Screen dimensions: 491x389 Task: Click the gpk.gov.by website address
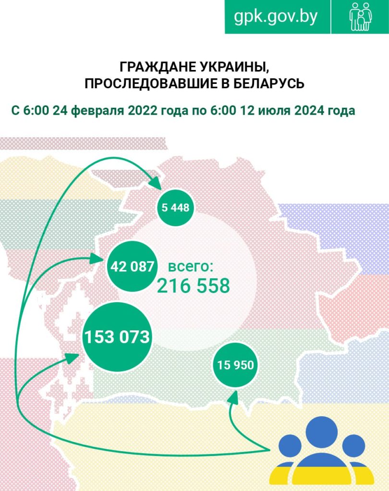click(276, 16)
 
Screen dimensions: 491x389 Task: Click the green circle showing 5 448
click(175, 208)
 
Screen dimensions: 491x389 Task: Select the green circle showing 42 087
click(132, 267)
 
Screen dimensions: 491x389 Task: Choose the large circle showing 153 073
click(117, 337)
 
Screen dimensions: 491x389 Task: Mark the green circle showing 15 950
click(235, 366)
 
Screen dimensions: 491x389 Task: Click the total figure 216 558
click(193, 286)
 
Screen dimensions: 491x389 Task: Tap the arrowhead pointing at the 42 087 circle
click(99, 259)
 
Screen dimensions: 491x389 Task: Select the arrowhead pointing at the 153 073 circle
click(73, 356)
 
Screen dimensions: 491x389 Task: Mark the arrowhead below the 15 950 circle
click(234, 397)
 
